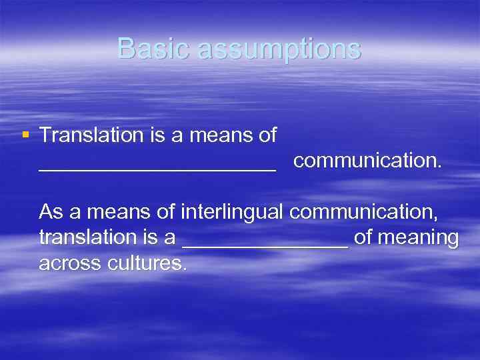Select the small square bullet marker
25,135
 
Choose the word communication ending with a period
367,161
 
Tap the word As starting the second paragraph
51,212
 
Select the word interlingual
233,212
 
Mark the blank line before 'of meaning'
265,246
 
